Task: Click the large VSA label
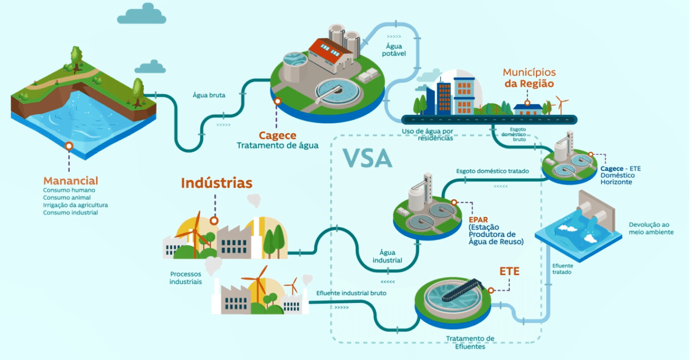click(x=368, y=157)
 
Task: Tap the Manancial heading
click(x=71, y=181)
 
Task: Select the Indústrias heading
click(x=217, y=183)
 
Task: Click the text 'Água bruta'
click(x=208, y=94)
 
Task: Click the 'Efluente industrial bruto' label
click(x=351, y=293)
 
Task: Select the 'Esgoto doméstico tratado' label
click(x=492, y=171)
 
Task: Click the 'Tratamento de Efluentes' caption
click(x=469, y=342)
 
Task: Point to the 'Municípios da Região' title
click(x=529, y=78)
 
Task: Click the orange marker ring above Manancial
click(x=69, y=145)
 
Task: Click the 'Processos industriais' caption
click(x=186, y=278)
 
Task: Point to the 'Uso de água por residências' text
click(x=428, y=134)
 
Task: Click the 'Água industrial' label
click(x=387, y=256)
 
